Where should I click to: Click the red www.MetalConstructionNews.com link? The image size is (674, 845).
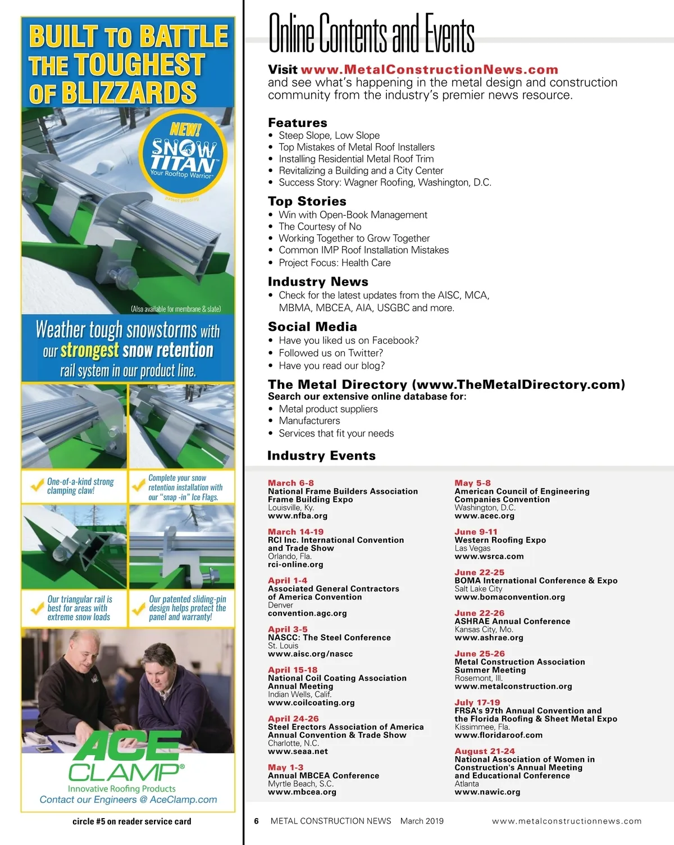(429, 70)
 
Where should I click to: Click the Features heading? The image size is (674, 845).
(297, 122)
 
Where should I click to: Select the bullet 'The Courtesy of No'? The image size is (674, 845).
(320, 226)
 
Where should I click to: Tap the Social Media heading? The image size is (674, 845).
(312, 326)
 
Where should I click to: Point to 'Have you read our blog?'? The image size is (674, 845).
(331, 366)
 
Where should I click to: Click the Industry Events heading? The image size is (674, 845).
(321, 456)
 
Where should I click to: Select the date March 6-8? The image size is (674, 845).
(290, 483)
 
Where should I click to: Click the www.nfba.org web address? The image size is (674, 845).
(297, 516)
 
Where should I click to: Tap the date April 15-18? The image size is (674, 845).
(292, 670)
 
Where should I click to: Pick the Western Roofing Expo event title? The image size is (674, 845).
(500, 540)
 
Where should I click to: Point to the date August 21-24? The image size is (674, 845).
(484, 751)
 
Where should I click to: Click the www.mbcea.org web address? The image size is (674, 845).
(302, 792)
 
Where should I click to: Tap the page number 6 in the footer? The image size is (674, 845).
(256, 821)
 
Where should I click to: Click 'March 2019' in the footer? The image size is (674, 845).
(422, 821)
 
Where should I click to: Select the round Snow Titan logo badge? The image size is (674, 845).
(183, 155)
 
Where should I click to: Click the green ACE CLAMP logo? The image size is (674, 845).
(127, 759)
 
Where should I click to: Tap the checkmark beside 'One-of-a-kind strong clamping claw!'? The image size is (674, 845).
(37, 485)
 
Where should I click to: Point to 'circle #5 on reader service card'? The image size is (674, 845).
(131, 821)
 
